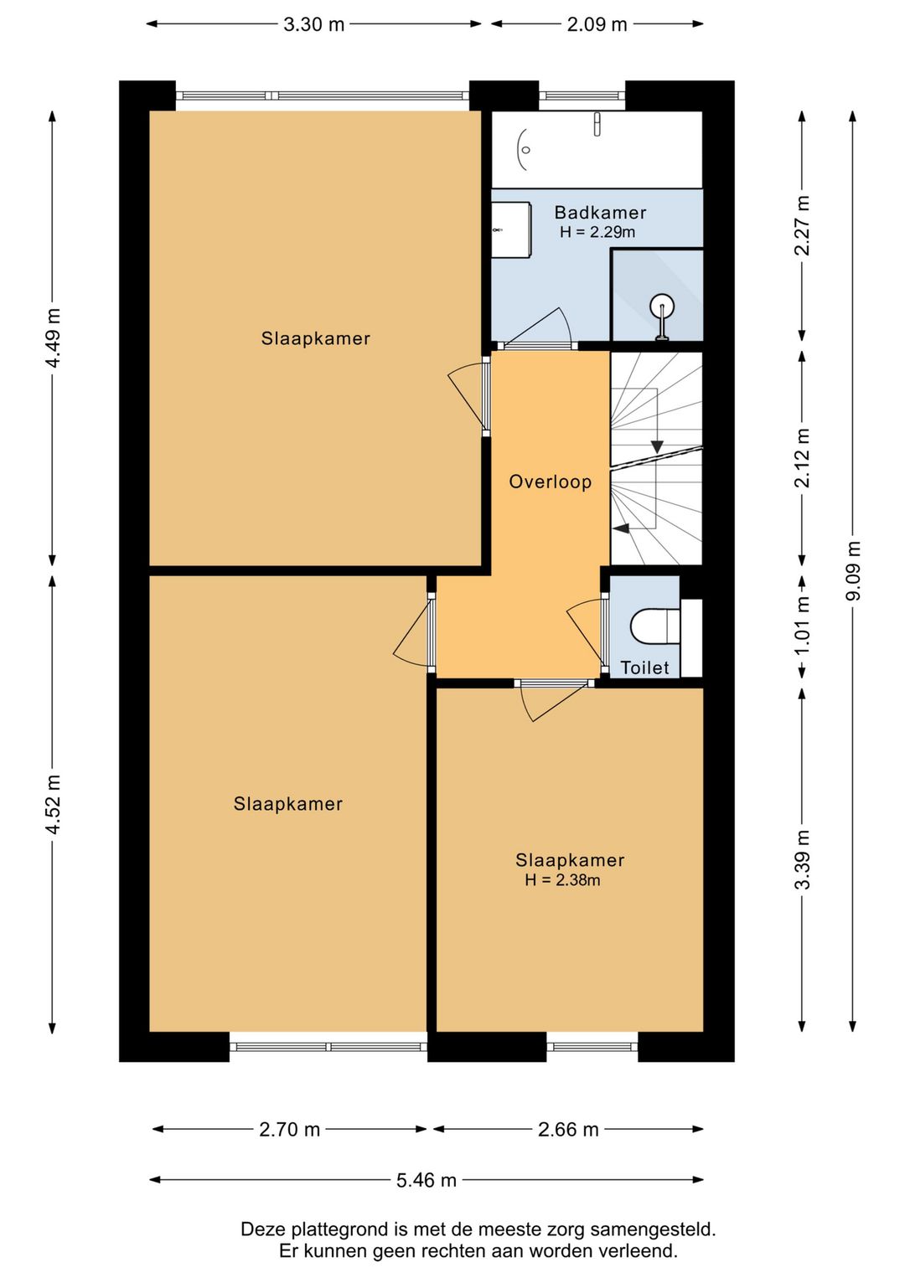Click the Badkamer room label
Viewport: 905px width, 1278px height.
pos(600,213)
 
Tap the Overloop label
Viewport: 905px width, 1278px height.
pos(551,482)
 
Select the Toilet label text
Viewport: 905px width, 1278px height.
pos(644,667)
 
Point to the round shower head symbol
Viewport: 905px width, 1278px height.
pos(662,305)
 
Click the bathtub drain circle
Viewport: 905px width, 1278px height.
pos(526,150)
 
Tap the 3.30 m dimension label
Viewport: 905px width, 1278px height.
pos(313,24)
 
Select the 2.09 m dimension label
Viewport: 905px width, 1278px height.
pos(597,24)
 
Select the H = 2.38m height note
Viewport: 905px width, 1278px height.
pos(562,880)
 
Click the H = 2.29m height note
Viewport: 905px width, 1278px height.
pos(597,232)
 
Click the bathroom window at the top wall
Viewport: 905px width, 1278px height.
pos(582,95)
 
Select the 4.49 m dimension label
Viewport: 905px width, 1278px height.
pos(53,338)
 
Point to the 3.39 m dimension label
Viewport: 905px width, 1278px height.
pos(802,859)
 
